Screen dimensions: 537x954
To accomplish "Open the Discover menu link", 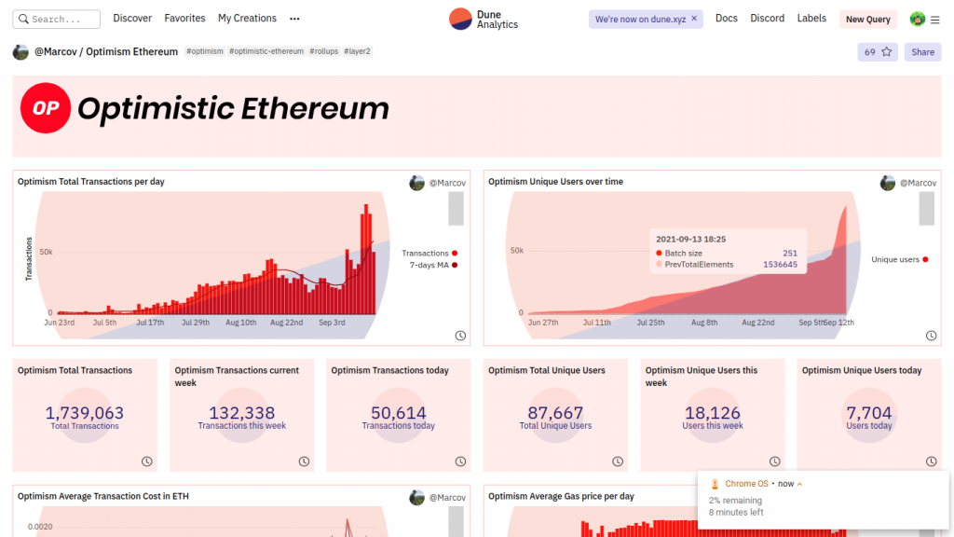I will (x=132, y=19).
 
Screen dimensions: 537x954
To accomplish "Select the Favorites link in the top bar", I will (x=184, y=19).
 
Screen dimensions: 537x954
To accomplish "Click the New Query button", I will (x=867, y=20).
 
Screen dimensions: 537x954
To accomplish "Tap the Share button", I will (x=922, y=52).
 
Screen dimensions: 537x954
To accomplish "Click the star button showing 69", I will (x=878, y=52).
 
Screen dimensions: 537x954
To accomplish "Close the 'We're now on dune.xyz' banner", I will (x=694, y=19).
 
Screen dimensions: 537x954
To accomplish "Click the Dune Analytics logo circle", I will (x=460, y=19).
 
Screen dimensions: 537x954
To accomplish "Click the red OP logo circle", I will (x=46, y=108).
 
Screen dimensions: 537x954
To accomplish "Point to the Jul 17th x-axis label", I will (x=150, y=323).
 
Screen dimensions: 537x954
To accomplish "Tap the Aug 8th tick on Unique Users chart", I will (x=704, y=323).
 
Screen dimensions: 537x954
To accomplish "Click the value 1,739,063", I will (x=84, y=413).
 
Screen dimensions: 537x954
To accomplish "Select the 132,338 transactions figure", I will (x=241, y=413).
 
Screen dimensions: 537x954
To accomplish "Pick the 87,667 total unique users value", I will (x=555, y=413).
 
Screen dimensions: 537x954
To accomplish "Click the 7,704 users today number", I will (x=868, y=413).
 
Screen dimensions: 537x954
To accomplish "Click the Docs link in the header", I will (x=727, y=19).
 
